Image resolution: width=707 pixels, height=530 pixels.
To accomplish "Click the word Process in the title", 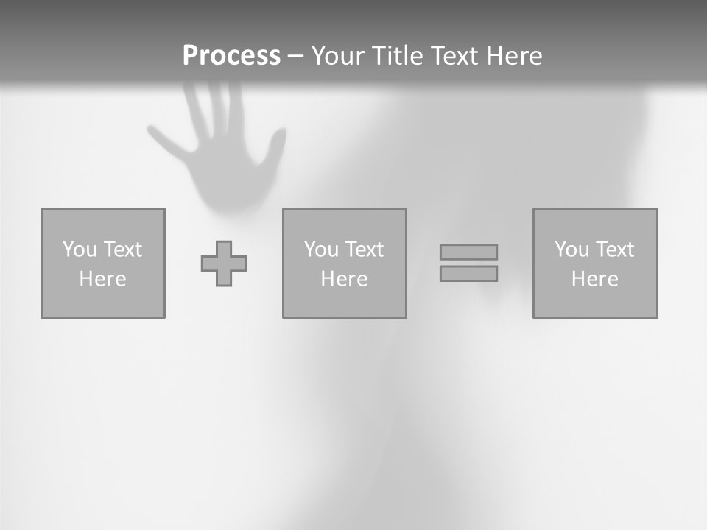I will (231, 56).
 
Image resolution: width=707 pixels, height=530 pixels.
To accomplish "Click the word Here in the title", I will (514, 56).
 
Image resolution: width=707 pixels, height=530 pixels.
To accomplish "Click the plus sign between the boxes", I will (224, 264).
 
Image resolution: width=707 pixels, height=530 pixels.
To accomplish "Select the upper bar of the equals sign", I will (468, 252).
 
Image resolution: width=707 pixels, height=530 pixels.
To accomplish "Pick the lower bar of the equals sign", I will (468, 274).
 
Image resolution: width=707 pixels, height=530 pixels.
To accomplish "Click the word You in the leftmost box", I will (80, 250).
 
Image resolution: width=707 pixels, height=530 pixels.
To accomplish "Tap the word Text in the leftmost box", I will (122, 250).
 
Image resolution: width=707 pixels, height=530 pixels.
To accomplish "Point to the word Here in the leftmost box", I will (102, 279).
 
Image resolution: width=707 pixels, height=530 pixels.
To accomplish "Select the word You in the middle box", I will (321, 250).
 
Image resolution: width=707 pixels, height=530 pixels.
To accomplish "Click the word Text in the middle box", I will (364, 250).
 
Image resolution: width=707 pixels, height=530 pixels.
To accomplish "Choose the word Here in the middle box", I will (344, 279).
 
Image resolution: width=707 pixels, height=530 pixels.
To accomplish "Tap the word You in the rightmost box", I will (571, 250).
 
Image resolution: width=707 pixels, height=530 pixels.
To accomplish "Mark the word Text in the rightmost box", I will (614, 250).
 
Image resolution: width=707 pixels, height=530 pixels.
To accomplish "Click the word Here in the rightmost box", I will (594, 279).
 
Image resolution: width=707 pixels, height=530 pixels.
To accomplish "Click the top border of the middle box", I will (344, 209).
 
